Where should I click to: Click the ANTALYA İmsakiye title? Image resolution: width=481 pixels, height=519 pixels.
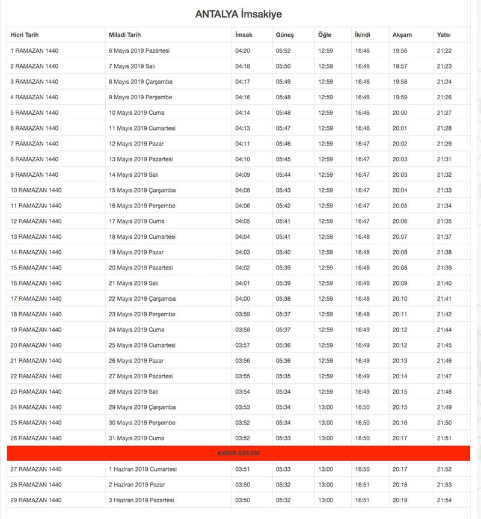click(x=239, y=14)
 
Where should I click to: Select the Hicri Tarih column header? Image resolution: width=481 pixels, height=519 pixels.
click(x=24, y=35)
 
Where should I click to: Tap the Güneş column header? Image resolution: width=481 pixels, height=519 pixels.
click(x=284, y=35)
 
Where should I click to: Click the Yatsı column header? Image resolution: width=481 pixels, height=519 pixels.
click(x=444, y=35)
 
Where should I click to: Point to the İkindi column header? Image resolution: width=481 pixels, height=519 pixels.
click(x=363, y=35)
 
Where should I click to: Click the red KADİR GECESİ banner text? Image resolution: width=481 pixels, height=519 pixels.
click(x=239, y=453)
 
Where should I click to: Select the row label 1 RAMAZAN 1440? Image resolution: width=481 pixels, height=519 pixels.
click(x=34, y=51)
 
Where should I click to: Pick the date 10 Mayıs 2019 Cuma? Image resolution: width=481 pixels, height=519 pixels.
click(x=136, y=112)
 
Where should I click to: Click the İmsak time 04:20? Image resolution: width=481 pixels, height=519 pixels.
click(x=242, y=51)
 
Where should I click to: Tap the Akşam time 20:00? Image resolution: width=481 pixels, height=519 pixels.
click(x=400, y=112)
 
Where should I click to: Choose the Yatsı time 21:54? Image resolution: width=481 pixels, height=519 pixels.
click(x=444, y=500)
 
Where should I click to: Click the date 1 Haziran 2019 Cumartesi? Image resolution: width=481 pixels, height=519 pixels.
click(x=142, y=469)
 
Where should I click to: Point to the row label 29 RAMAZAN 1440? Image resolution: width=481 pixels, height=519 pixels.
click(x=36, y=500)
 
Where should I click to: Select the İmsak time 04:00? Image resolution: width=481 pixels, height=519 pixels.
click(x=242, y=298)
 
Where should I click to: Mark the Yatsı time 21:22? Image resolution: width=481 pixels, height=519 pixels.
click(x=444, y=51)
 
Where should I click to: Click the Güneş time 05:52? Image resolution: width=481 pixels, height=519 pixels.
click(x=283, y=51)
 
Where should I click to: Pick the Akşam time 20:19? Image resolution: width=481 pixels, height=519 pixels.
click(x=400, y=500)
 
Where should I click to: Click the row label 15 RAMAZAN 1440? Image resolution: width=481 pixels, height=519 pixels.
click(x=36, y=268)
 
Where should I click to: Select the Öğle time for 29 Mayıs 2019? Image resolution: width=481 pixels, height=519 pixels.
click(x=325, y=407)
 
